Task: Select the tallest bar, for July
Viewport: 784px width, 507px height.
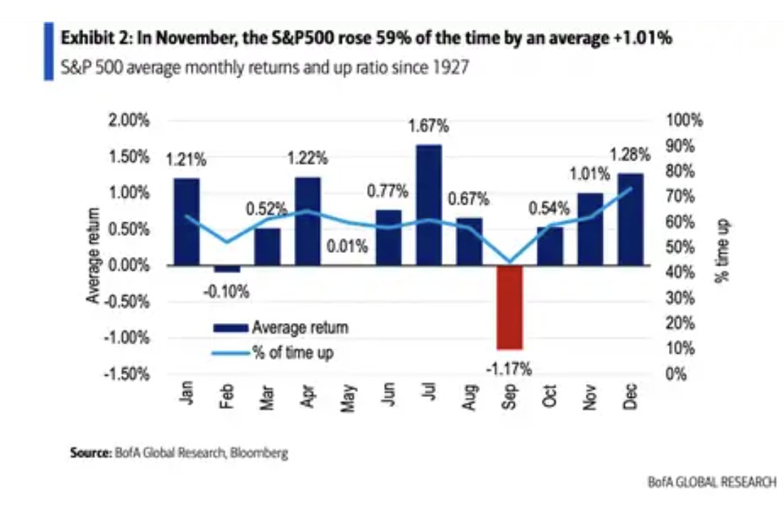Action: pos(429,205)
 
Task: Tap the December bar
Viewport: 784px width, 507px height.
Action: pos(631,219)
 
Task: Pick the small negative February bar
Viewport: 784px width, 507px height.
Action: pos(227,269)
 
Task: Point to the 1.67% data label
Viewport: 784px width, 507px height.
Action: pos(429,127)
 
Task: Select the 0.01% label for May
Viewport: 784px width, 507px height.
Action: pos(347,248)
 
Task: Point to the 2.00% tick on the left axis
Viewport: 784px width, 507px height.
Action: pos(129,120)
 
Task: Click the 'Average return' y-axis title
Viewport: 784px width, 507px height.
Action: pos(93,255)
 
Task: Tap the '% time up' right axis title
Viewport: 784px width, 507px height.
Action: pos(723,250)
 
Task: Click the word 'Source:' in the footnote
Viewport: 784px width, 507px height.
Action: pos(90,452)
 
